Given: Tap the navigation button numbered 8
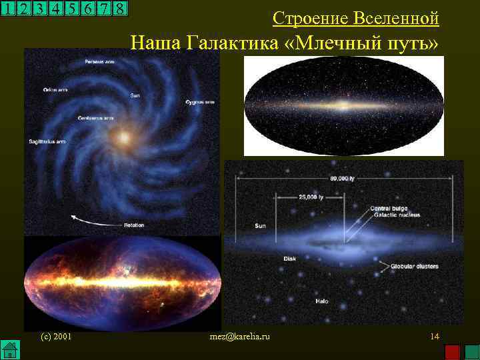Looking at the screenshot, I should pyautogui.click(x=119, y=9).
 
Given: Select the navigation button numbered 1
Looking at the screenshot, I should pyautogui.click(x=7, y=9).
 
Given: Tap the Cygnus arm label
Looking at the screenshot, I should pyautogui.click(x=200, y=102).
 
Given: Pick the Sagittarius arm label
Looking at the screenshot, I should pyautogui.click(x=46, y=141).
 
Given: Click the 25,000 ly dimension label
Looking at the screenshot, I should pyautogui.click(x=311, y=197).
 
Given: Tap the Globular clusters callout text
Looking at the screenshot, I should pyautogui.click(x=414, y=266).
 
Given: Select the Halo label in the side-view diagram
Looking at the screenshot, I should pyautogui.click(x=322, y=301).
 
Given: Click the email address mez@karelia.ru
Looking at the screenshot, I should pyautogui.click(x=239, y=337).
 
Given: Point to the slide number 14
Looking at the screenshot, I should pyautogui.click(x=435, y=337).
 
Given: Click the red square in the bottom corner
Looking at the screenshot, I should pyautogui.click(x=453, y=351).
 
